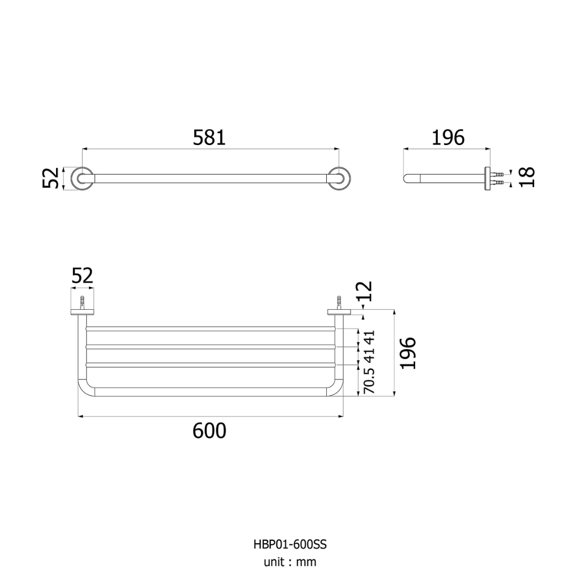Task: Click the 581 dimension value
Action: pos(209,138)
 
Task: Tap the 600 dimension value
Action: pos(209,431)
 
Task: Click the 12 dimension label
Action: pos(364,292)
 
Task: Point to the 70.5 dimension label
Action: pos(369,381)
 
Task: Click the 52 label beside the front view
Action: pos(50,178)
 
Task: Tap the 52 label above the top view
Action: pos(82,276)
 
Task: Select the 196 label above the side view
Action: pos(448,138)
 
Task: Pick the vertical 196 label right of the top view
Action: pos(408,353)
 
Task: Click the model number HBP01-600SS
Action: pos(290,544)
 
